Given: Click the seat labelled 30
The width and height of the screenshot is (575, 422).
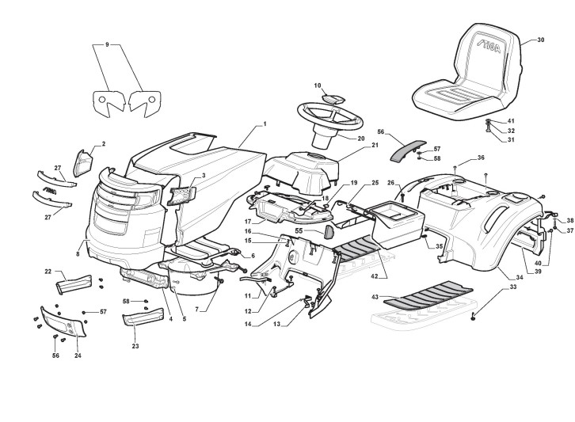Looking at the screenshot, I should click(467, 75).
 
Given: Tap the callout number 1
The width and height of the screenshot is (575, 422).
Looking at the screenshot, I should click(265, 124).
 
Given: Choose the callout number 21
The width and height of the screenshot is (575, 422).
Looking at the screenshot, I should click(375, 145).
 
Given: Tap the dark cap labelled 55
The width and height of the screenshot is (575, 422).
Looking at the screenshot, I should click(329, 231).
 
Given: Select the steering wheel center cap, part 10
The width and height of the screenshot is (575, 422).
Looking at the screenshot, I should click(334, 99).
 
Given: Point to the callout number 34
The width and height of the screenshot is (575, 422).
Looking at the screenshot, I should click(520, 277).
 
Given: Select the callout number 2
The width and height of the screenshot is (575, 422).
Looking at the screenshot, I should click(103, 145).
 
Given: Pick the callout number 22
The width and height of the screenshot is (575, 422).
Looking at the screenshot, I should click(48, 272).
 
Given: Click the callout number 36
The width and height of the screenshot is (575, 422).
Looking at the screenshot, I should click(481, 158).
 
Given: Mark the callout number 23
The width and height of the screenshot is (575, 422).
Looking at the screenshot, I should click(135, 346).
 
